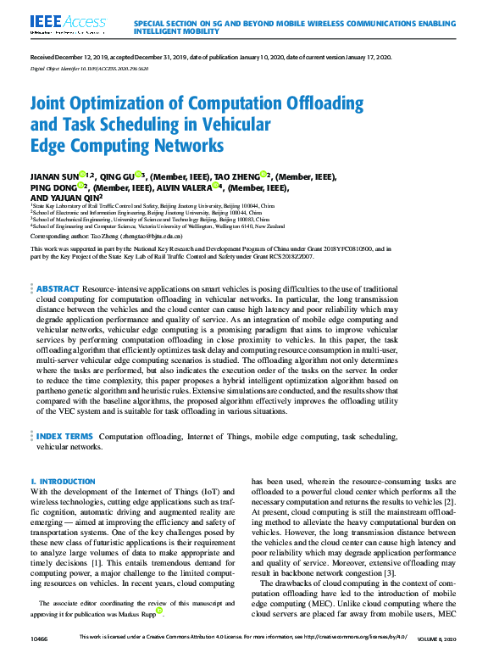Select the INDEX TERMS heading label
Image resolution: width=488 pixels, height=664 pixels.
tap(64, 436)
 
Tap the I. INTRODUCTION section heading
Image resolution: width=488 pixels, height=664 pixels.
tap(63, 482)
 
